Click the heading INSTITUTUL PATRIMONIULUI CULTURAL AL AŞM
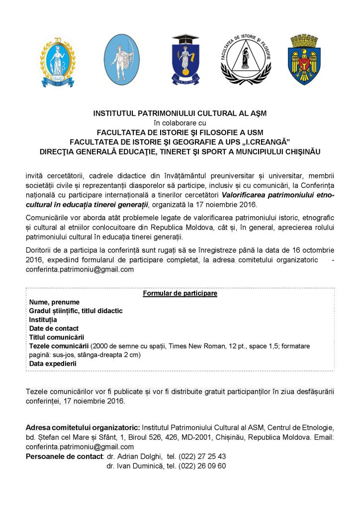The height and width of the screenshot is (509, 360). click(x=180, y=113)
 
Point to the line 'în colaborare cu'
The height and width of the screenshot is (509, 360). click(x=180, y=123)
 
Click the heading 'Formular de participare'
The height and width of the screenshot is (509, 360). click(x=180, y=293)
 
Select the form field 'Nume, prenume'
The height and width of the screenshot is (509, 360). click(x=54, y=302)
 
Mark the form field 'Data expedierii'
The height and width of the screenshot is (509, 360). click(x=53, y=363)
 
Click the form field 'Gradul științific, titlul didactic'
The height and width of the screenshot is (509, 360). click(x=76, y=311)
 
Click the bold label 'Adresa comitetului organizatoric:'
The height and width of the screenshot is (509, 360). click(x=83, y=428)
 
